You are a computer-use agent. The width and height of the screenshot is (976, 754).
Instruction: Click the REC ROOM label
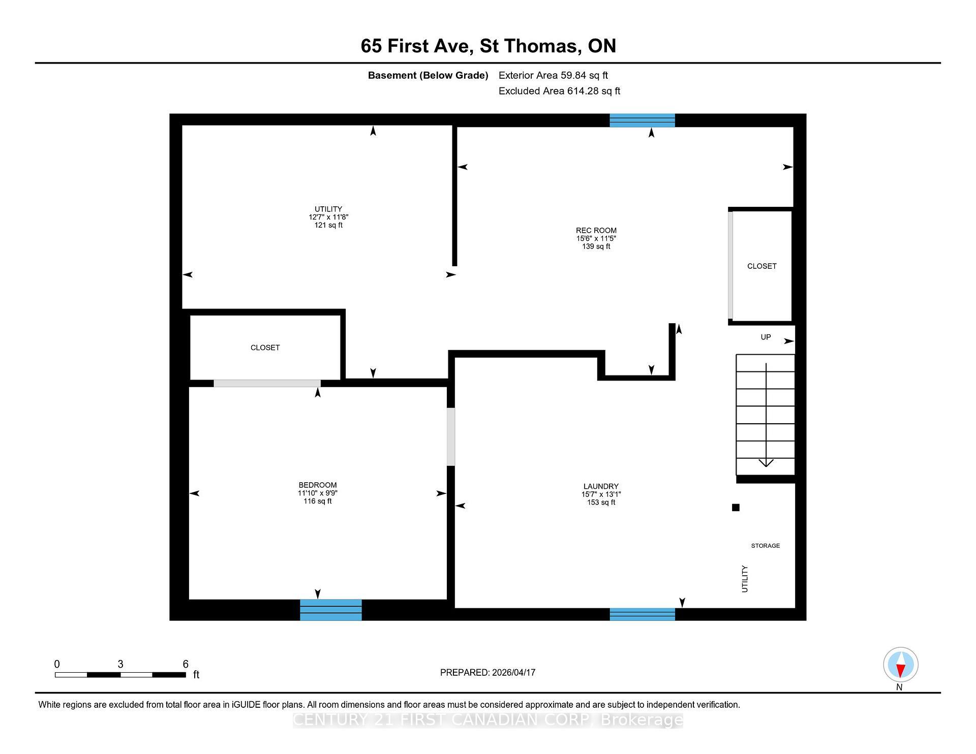pyautogui.click(x=596, y=230)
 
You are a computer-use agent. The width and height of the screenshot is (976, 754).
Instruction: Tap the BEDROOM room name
pyautogui.click(x=317, y=485)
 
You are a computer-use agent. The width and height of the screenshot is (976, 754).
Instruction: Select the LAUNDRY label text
pyautogui.click(x=601, y=486)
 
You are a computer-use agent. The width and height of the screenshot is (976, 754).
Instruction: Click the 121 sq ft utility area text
pyautogui.click(x=328, y=225)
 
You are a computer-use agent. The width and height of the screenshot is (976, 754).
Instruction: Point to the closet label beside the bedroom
pyautogui.click(x=265, y=348)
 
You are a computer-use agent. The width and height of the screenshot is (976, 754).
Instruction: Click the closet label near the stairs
pyautogui.click(x=761, y=266)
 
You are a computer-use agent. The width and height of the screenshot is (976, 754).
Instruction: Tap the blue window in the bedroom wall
pyautogui.click(x=330, y=610)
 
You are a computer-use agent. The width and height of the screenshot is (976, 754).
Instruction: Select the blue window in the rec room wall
pyautogui.click(x=642, y=120)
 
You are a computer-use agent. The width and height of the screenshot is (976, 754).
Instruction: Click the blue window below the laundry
pyautogui.click(x=642, y=614)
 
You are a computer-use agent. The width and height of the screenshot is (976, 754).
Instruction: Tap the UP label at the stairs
pyautogui.click(x=766, y=337)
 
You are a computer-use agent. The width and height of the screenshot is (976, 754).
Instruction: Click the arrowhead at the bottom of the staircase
pyautogui.click(x=766, y=462)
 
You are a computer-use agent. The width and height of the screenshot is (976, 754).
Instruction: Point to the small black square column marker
pyautogui.click(x=735, y=507)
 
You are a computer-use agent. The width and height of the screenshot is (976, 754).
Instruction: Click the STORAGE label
pyautogui.click(x=765, y=546)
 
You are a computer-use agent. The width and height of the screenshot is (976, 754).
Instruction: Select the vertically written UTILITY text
pyautogui.click(x=745, y=579)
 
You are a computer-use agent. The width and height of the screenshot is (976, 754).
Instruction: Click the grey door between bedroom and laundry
pyautogui.click(x=450, y=436)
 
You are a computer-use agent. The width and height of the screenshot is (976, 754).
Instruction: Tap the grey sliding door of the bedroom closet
pyautogui.click(x=267, y=383)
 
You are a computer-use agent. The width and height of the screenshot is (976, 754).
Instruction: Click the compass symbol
pyautogui.click(x=900, y=665)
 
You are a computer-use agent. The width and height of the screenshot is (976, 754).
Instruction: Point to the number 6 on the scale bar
pyautogui.click(x=186, y=664)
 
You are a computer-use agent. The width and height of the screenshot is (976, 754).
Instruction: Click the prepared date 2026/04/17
pyautogui.click(x=513, y=672)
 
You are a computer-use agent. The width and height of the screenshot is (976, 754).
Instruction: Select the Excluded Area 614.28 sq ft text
pyautogui.click(x=559, y=91)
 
